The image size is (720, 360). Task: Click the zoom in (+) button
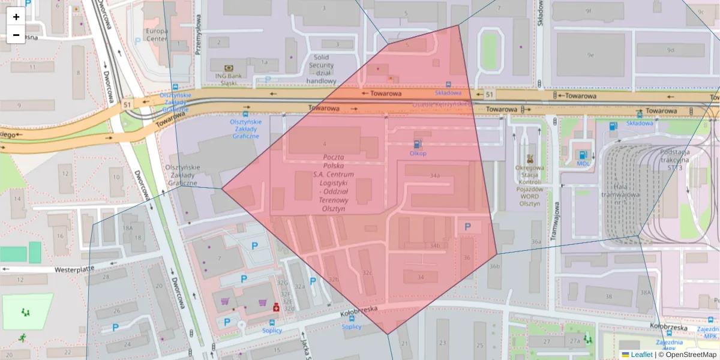[x=16, y=17]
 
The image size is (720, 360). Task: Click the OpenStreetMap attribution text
[x=691, y=355]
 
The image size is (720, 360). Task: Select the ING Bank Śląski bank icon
[x=228, y=68]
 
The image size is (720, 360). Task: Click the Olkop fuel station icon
[x=417, y=143]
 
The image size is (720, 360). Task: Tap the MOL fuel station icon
[x=583, y=154]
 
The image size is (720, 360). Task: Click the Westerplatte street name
[x=75, y=269]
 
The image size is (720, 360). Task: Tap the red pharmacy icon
[x=276, y=306]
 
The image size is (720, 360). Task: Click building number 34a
[x=435, y=175]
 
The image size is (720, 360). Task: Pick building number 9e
[x=590, y=55]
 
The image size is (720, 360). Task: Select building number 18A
[x=127, y=228]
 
